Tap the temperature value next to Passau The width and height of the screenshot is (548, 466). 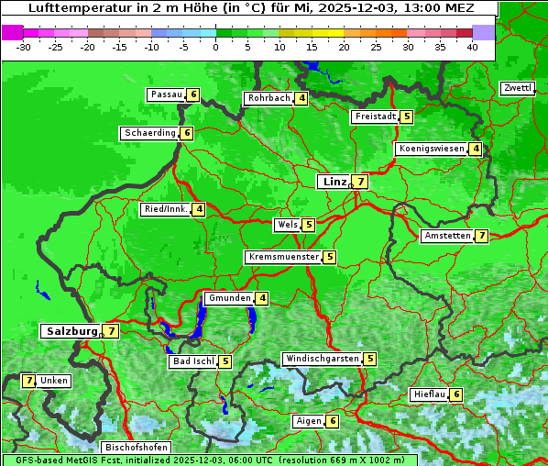[x=192, y=94]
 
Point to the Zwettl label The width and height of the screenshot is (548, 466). [x=517, y=88]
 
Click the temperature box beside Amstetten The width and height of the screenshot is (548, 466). [x=481, y=236]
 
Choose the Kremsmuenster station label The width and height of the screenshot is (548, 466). [x=283, y=257]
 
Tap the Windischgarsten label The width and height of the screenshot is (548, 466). [x=321, y=359]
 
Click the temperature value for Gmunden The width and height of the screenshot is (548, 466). [x=262, y=298]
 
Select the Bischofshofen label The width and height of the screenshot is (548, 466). [x=137, y=448]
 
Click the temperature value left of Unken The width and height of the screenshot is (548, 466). [x=28, y=381]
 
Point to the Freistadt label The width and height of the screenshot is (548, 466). [x=375, y=116]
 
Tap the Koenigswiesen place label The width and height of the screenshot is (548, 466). [x=431, y=149]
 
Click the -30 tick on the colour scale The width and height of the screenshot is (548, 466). [x=24, y=46]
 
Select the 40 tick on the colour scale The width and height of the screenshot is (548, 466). [x=472, y=46]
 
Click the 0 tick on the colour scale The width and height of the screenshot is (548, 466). [x=215, y=46]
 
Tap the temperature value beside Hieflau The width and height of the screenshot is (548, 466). [x=456, y=394]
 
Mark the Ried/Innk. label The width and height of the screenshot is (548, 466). [x=166, y=209]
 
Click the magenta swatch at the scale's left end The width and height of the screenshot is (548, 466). [x=12, y=31]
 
